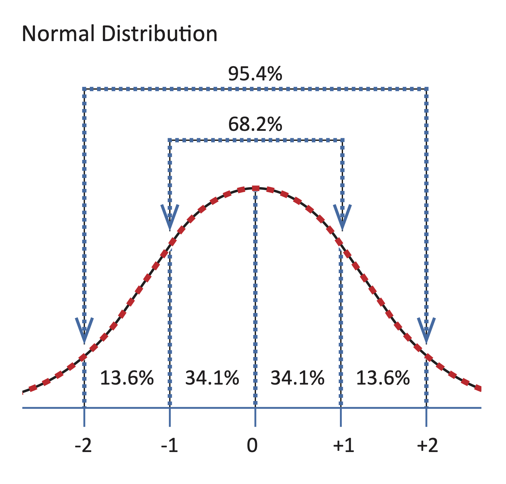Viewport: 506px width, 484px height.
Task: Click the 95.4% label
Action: [255, 74]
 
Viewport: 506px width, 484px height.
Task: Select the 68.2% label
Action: [255, 124]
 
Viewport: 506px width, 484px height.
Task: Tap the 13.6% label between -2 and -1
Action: [127, 378]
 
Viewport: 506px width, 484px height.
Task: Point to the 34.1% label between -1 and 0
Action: [212, 378]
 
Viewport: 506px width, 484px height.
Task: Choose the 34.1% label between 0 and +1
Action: [297, 378]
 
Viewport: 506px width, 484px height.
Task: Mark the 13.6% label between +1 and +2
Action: [383, 378]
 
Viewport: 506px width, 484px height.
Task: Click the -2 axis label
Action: [84, 446]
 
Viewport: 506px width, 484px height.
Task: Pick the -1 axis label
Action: [170, 446]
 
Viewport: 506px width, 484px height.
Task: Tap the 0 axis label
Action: [252, 446]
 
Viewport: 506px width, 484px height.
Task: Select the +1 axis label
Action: [343, 446]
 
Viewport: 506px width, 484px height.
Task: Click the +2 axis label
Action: [427, 446]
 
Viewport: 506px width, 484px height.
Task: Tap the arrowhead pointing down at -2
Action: [84, 330]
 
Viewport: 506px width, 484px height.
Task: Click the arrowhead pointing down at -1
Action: [170, 217]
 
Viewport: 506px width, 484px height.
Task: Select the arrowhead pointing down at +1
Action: [342, 217]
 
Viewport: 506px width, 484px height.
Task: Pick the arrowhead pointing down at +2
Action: [426, 330]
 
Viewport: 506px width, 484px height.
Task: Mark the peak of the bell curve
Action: [255, 188]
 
